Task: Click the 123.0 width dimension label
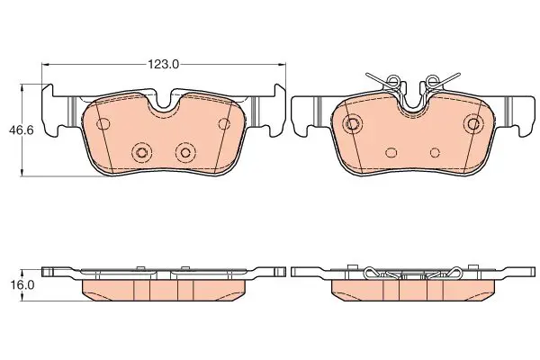[x=164, y=64]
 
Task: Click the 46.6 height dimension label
[x=22, y=130]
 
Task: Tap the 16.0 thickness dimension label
[x=22, y=285]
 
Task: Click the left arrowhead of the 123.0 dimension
[x=46, y=64]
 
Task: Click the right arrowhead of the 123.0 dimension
[x=282, y=64]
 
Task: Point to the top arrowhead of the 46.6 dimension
[x=22, y=89]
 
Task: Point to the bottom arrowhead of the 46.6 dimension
[x=22, y=172]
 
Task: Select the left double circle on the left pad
[x=141, y=152]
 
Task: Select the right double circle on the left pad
[x=185, y=152]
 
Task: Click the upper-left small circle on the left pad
[x=103, y=123]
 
